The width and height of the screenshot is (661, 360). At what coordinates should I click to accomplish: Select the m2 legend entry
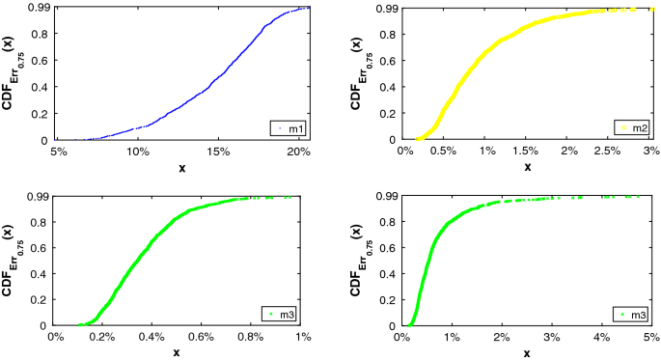click(x=631, y=127)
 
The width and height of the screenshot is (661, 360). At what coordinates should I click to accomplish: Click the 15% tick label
click(x=218, y=152)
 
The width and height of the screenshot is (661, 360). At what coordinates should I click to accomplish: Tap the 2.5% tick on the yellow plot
click(x=610, y=152)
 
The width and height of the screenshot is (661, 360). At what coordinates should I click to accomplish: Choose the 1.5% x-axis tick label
click(x=527, y=152)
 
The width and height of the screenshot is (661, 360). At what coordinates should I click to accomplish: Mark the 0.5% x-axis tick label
click(x=445, y=152)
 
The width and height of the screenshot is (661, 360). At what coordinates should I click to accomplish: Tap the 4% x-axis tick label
click(x=602, y=337)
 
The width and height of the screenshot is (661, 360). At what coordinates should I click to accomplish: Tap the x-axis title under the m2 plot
click(x=527, y=168)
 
